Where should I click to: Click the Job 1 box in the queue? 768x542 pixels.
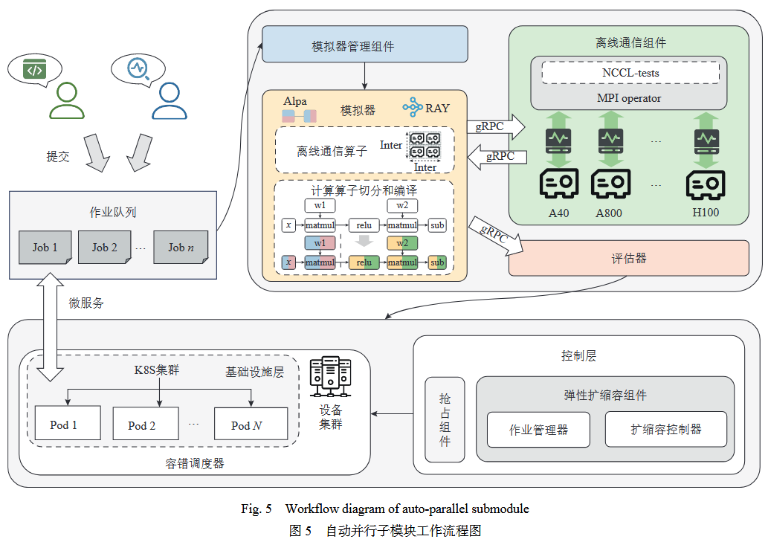pos(45,247)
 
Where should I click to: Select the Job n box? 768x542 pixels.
pos(180,247)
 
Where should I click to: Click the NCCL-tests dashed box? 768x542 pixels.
pos(630,73)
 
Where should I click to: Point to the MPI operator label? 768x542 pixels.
pos(629,98)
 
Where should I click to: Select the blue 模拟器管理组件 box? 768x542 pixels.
pos(364,45)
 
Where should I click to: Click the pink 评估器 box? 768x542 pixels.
pos(628,258)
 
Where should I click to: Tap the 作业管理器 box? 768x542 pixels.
pos(538,429)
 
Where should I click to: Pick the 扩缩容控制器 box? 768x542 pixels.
pos(665,429)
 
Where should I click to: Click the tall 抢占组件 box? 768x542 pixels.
pos(445,419)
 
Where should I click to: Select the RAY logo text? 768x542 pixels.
pos(437,108)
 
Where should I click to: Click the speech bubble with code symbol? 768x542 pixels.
pos(34,71)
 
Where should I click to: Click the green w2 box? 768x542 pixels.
pos(401,243)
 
